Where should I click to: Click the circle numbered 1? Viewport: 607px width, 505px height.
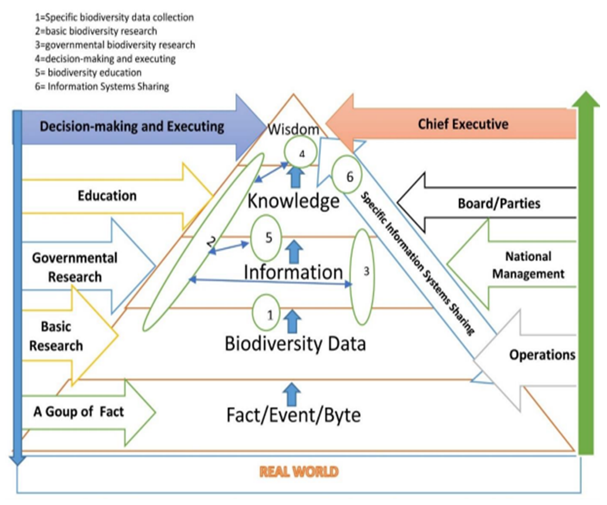click(x=271, y=313)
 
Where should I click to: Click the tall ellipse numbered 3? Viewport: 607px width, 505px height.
click(x=365, y=276)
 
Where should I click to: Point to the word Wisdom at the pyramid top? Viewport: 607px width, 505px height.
click(x=293, y=130)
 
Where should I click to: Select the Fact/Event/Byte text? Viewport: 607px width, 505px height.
click(x=293, y=413)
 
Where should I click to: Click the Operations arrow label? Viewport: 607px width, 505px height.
click(x=542, y=355)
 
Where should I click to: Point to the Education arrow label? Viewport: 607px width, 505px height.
click(x=107, y=195)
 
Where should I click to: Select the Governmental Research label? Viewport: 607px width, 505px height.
click(x=75, y=267)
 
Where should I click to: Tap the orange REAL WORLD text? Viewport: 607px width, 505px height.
click(x=299, y=472)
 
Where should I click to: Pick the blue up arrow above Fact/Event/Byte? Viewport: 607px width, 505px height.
click(x=292, y=393)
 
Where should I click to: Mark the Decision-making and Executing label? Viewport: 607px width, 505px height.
click(x=132, y=126)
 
